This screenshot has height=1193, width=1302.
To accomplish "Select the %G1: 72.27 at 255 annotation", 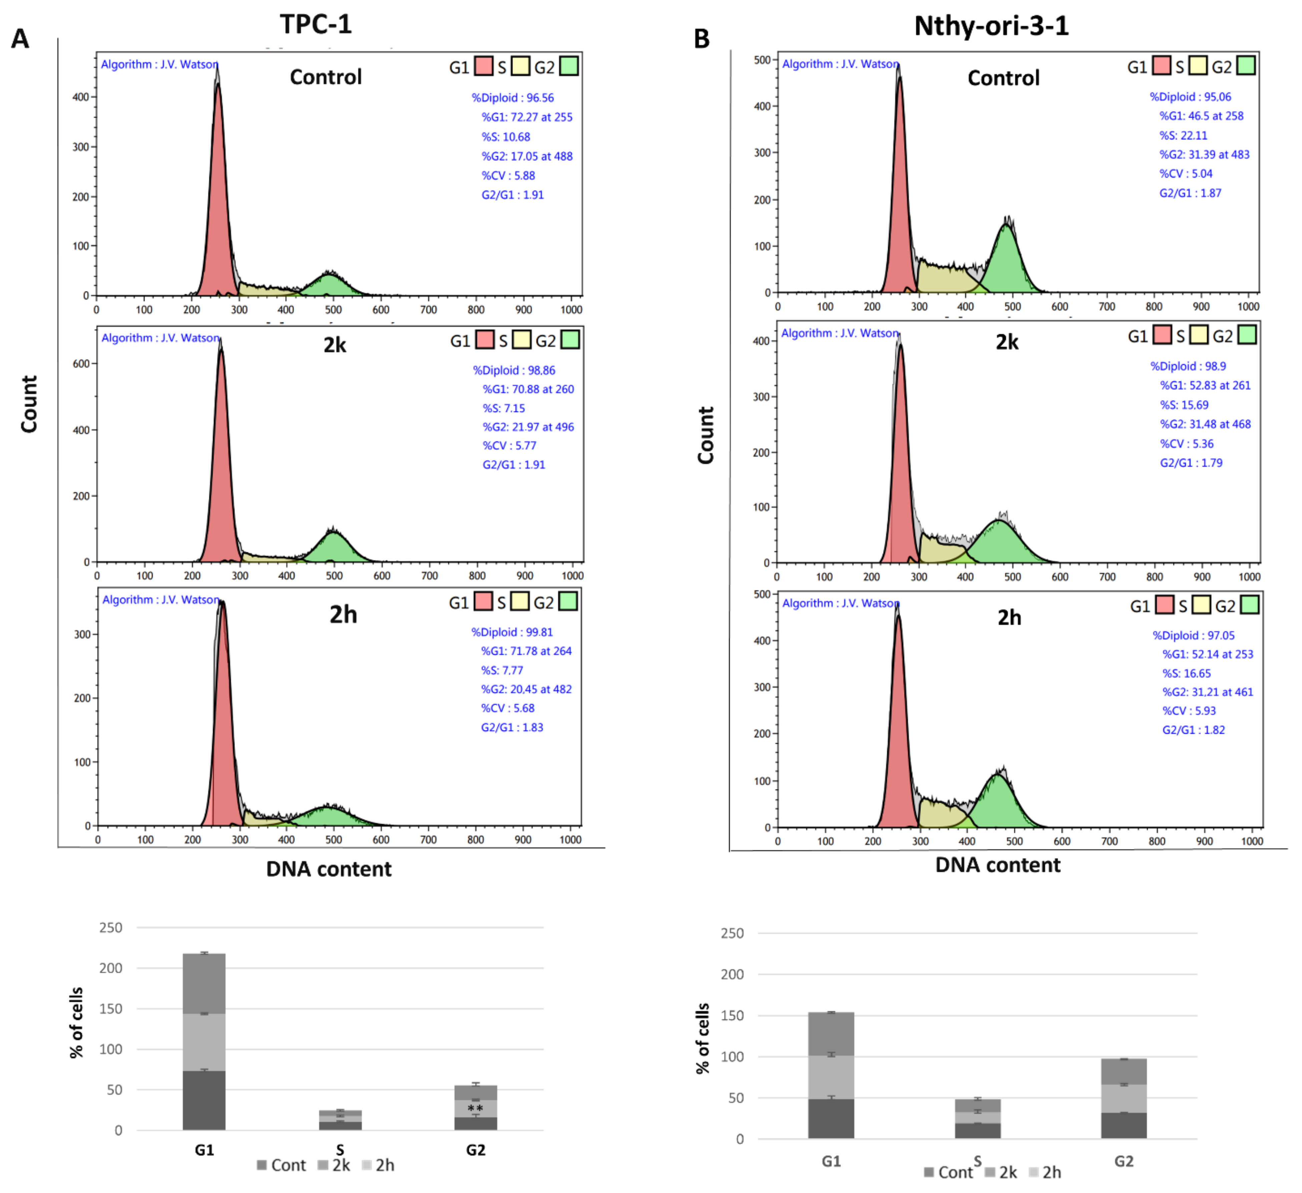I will (526, 117).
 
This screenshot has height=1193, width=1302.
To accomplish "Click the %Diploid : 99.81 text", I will (511, 632).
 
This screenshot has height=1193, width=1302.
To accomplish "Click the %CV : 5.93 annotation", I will (1188, 711).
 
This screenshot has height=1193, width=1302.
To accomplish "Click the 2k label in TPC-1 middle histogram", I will (335, 345).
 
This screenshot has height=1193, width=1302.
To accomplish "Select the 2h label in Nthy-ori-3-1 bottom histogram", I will (1009, 618).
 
